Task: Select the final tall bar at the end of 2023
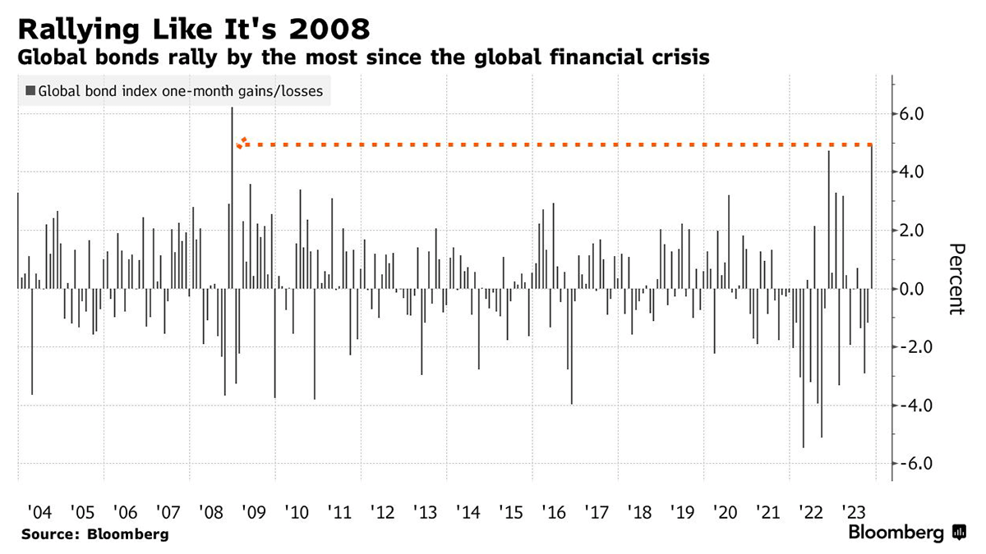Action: pyautogui.click(x=872, y=217)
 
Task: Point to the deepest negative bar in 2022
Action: pyautogui.click(x=803, y=369)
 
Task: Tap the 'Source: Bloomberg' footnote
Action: pyautogui.click(x=94, y=534)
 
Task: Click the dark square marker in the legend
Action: pyautogui.click(x=30, y=91)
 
